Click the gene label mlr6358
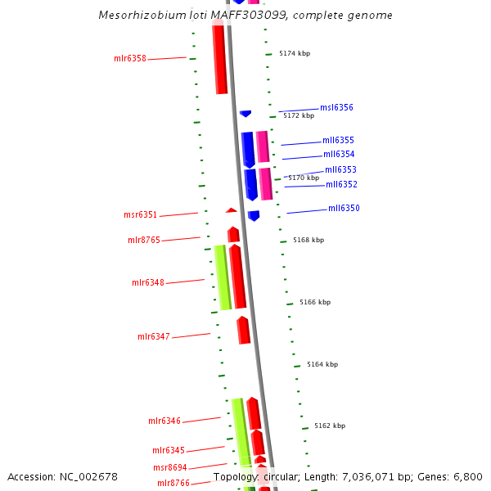[130, 59]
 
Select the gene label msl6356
[336, 108]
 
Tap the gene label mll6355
[338, 141]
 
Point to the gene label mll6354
[339, 155]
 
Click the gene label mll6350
[344, 209]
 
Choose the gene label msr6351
[140, 215]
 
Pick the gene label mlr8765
[144, 241]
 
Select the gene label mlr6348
[148, 283]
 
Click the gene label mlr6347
[154, 337]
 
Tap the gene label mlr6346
[164, 421]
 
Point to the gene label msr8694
[169, 468]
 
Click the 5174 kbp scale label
[295, 54]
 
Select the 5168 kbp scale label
[309, 241]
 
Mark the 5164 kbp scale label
[322, 365]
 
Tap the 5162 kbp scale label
[330, 426]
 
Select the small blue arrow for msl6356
[245, 113]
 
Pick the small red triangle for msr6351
[232, 210]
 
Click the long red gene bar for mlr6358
[219, 59]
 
